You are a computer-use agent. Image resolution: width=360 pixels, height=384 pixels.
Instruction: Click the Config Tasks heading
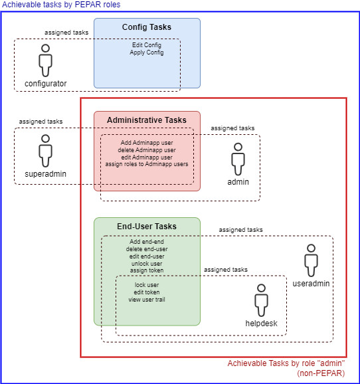(147, 27)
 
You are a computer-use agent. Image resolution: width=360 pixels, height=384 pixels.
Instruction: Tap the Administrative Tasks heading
(147, 120)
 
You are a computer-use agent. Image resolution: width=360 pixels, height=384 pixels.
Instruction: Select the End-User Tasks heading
(147, 227)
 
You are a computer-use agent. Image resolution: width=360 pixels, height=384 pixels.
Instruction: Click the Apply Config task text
(147, 52)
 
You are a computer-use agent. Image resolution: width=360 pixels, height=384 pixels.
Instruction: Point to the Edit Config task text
(147, 45)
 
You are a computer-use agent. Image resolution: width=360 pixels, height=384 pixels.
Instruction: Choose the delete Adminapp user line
(147, 150)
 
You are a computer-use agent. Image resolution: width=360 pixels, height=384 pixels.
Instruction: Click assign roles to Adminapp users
(147, 164)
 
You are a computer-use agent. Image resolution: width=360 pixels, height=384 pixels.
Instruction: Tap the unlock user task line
(147, 264)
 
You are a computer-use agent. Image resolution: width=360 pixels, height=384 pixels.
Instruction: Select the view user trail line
(147, 300)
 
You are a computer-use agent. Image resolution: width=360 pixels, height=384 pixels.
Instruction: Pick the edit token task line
(147, 292)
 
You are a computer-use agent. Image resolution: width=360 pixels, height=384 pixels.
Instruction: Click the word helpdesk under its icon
(261, 324)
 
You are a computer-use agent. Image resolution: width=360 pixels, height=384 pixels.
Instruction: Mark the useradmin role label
(311, 283)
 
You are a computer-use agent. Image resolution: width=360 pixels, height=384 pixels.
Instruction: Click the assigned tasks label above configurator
(66, 33)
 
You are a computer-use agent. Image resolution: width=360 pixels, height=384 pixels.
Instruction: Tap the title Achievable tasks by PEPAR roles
(61, 5)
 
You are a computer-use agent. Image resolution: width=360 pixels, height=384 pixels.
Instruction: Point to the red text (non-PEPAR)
(321, 373)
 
